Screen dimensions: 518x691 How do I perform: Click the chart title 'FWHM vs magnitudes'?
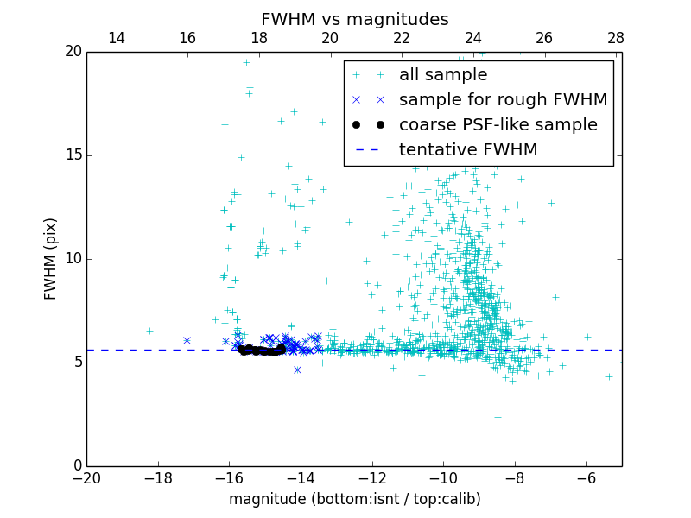coord(354,19)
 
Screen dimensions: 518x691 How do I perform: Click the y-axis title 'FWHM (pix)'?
coord(51,258)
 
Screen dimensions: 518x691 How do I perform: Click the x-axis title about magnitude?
coord(354,499)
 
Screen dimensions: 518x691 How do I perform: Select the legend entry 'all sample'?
coord(442,75)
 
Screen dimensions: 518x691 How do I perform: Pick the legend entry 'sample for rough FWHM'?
coord(503,100)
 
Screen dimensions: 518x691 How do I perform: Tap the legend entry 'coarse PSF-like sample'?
coord(498,125)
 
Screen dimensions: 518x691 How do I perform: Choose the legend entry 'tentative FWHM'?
coord(468,150)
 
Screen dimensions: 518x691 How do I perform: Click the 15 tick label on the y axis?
coord(72,155)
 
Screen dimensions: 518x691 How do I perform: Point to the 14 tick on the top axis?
coord(116,38)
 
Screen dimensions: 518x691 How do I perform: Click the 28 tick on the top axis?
coord(616,38)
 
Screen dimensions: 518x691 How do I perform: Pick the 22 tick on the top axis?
coord(402,38)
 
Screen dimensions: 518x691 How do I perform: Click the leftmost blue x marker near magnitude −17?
coord(187,340)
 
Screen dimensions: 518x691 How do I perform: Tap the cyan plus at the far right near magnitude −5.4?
coord(609,376)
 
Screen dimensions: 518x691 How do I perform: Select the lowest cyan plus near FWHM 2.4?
coord(498,417)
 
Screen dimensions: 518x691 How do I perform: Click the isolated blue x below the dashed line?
coord(297,370)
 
